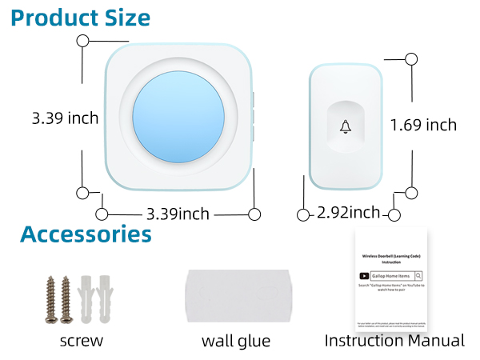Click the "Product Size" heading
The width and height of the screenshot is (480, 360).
(x=81, y=17)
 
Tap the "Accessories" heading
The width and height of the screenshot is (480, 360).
(x=86, y=234)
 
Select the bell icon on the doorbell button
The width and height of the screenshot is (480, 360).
(x=346, y=126)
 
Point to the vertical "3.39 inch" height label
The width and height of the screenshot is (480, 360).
(x=65, y=118)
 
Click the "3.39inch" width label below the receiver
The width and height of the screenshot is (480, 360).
(x=178, y=214)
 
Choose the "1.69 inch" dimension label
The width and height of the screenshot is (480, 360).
(x=423, y=125)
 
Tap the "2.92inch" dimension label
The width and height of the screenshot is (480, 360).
(x=348, y=213)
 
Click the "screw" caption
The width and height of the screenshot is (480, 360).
(x=81, y=341)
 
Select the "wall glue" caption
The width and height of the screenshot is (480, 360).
(x=236, y=342)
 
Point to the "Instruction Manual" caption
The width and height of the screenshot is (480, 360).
(x=394, y=341)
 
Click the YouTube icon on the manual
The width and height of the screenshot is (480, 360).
(x=364, y=276)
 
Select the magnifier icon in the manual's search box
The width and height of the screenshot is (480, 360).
(x=418, y=276)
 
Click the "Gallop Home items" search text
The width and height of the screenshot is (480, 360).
(x=392, y=276)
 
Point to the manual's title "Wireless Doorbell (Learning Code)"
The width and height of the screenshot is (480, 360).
(x=391, y=257)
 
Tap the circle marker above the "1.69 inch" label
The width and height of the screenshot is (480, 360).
(x=411, y=58)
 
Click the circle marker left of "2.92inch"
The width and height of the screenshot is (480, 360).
(x=303, y=214)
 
